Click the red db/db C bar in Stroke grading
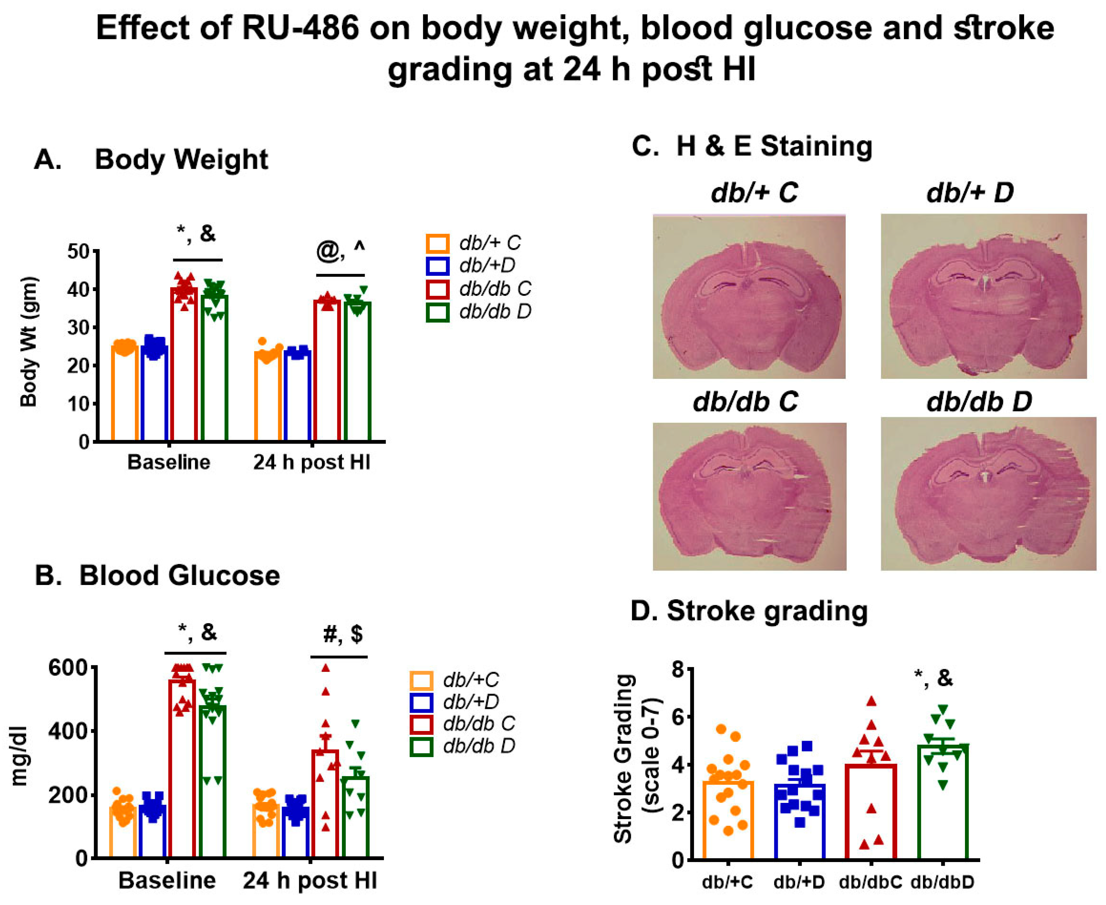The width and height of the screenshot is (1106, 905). pos(870,813)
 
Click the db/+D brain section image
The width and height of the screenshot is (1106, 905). pos(983,296)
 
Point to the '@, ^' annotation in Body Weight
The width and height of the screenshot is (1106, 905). pos(340,251)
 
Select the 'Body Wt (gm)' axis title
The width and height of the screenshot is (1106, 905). pos(29,342)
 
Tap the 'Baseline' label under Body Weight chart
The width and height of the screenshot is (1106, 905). pos(168,462)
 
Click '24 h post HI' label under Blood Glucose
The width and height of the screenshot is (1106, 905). pos(310,880)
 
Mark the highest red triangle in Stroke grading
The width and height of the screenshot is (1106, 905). pos(871,701)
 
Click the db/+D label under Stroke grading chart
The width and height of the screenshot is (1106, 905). pos(798,882)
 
